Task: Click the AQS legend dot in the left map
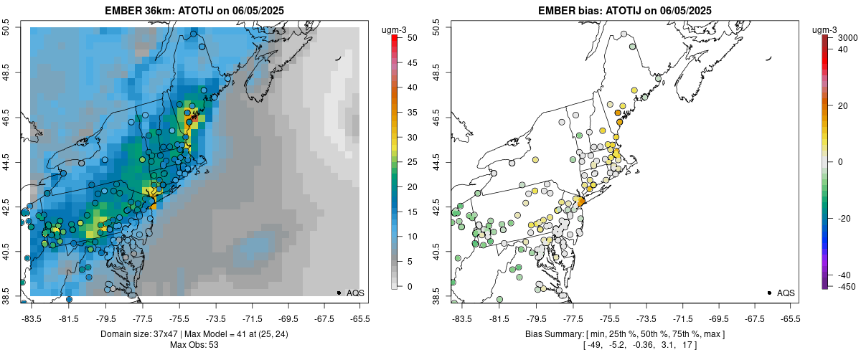pyautogui.click(x=338, y=293)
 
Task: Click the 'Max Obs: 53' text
pyautogui.click(x=194, y=345)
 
